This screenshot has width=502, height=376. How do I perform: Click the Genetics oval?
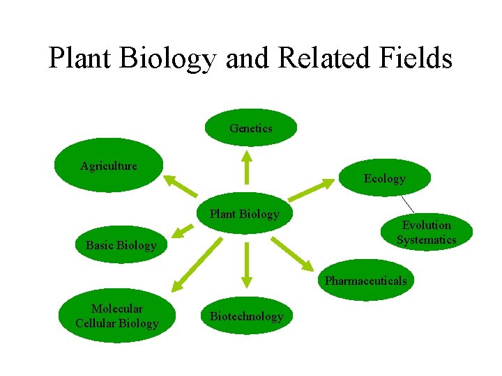coord(251,127)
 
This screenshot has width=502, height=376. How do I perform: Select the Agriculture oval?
coord(108,166)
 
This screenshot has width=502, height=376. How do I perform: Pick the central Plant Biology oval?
coord(244,214)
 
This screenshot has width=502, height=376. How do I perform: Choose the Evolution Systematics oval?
coord(426,233)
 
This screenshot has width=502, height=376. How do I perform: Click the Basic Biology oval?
coord(121,245)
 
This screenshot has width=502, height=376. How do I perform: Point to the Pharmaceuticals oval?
coord(365,281)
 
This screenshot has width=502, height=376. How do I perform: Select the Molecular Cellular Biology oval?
coord(117,316)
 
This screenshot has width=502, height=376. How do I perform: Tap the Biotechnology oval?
coord(247,316)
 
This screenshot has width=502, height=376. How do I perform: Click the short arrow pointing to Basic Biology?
coord(183,231)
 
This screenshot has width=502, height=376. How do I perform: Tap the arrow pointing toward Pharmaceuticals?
coord(292,253)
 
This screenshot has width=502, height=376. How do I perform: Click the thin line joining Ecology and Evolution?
coord(408,203)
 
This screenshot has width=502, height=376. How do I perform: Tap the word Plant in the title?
coord(80,58)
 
